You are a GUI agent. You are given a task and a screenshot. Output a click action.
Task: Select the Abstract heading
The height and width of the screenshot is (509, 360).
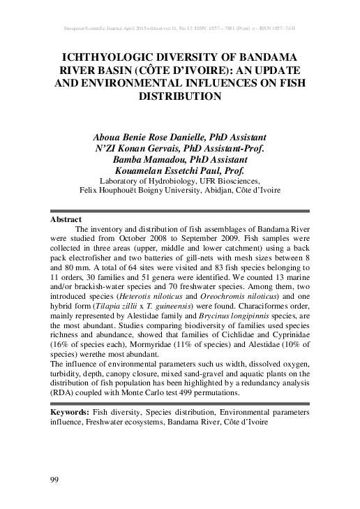(x=67, y=219)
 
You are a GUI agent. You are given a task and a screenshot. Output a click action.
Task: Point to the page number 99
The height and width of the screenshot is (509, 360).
(x=55, y=478)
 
